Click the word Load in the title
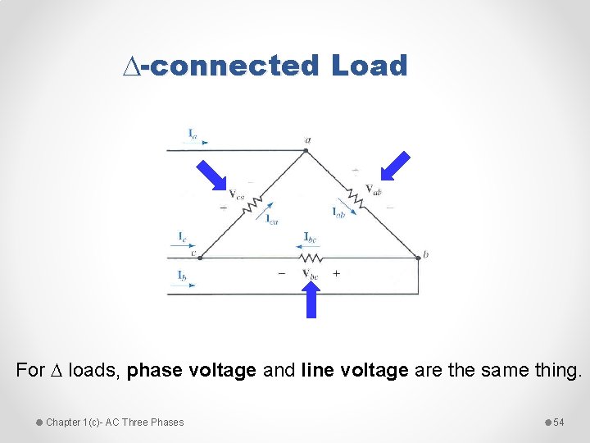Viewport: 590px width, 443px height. click(x=369, y=65)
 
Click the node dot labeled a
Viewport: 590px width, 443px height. click(x=307, y=149)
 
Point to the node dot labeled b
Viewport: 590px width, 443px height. click(x=417, y=256)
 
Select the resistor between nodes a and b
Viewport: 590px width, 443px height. click(x=355, y=196)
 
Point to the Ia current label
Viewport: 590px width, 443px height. click(x=192, y=133)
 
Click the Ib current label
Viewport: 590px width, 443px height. click(x=182, y=275)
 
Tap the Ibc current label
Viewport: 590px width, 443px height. click(x=310, y=238)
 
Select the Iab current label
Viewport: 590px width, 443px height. click(x=338, y=212)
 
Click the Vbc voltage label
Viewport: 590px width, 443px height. click(x=310, y=273)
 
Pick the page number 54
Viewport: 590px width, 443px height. click(x=559, y=422)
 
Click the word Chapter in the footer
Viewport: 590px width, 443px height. click(x=63, y=422)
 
